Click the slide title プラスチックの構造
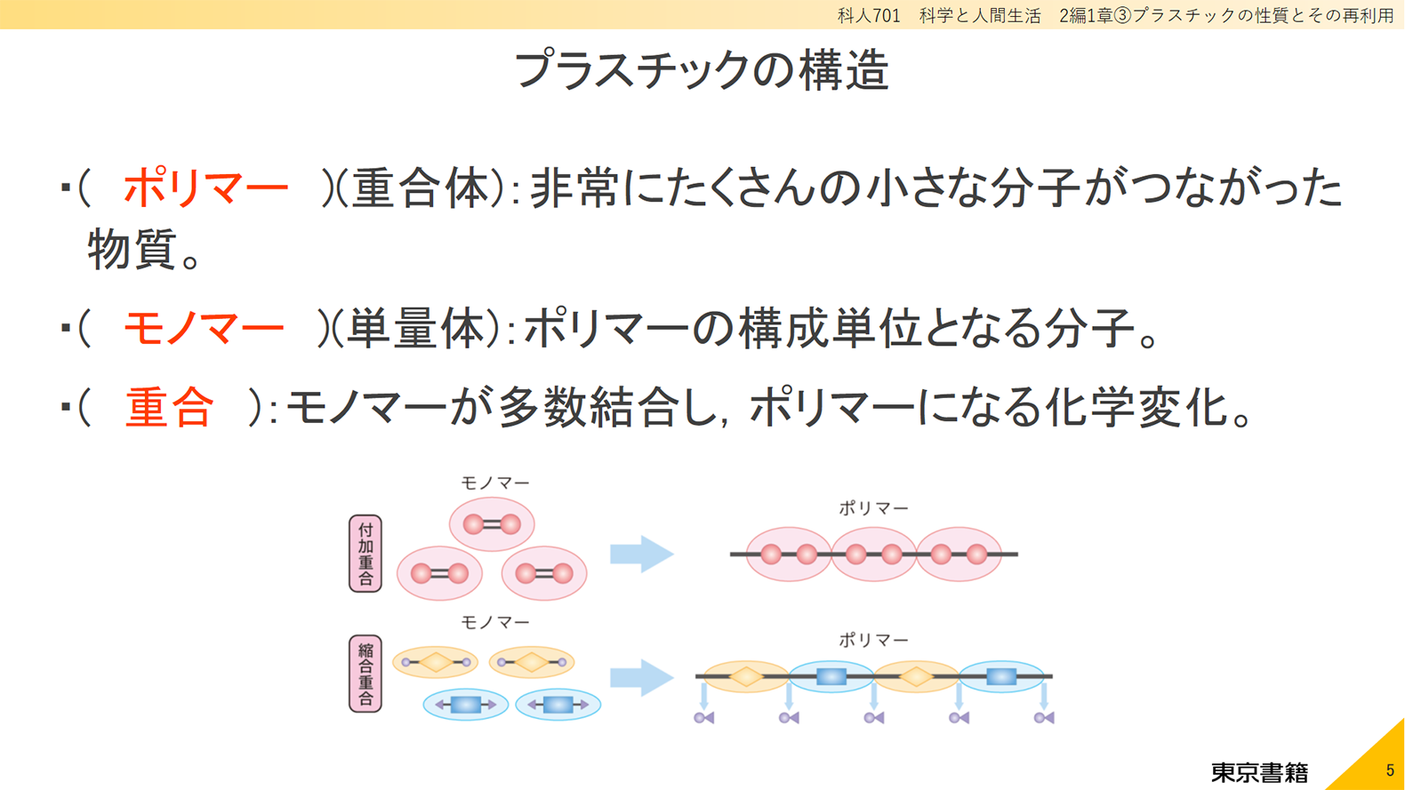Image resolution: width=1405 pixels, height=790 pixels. coord(702,69)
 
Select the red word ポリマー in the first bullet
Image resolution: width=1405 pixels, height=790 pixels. coord(205,188)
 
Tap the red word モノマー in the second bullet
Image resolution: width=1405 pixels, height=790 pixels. coord(204,328)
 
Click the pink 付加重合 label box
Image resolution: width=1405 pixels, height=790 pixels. coord(365,554)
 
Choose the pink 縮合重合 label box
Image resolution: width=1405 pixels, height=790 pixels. coord(365,674)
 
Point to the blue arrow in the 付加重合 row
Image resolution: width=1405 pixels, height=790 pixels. coord(642,554)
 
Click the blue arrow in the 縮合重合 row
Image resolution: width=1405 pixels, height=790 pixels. coord(642,678)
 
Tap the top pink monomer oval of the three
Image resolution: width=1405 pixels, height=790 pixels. coord(492,524)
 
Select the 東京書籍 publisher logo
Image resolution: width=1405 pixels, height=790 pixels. coord(1259,772)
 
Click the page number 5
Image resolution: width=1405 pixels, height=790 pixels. coord(1390,770)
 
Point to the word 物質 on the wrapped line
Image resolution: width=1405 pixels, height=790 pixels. coord(131,250)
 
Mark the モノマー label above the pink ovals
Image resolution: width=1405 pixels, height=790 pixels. coord(495,483)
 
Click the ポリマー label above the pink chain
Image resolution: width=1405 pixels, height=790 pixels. coord(874,508)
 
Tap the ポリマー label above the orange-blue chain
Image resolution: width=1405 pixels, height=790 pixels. coord(874,640)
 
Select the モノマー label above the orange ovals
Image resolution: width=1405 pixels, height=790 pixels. coord(495,622)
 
